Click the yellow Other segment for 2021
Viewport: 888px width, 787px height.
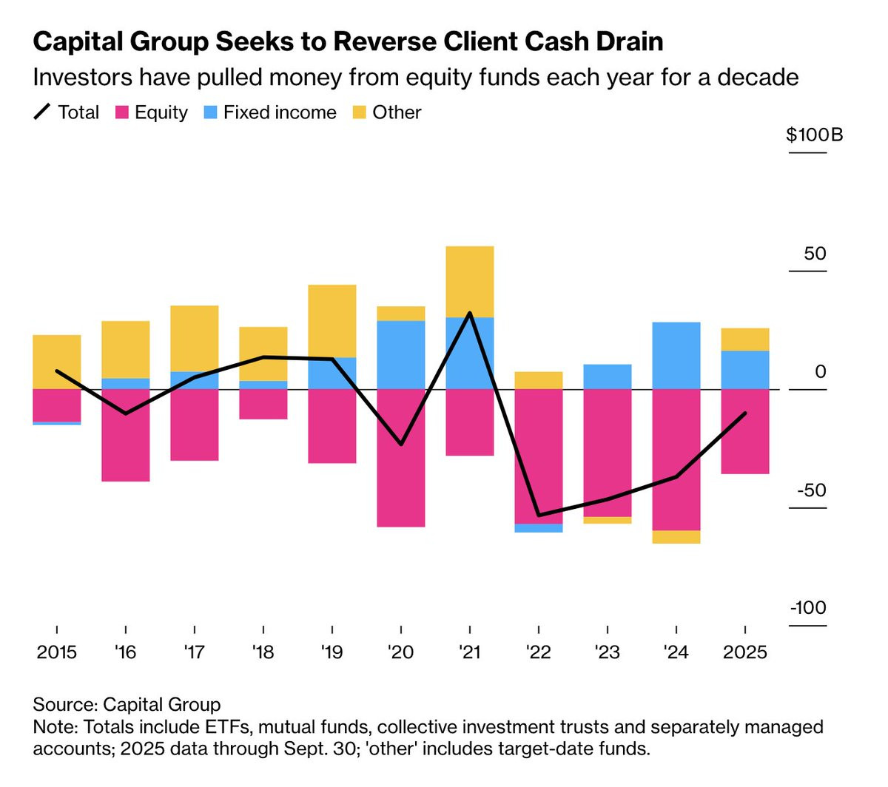coord(470,282)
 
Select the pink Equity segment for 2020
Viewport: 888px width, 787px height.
coord(401,458)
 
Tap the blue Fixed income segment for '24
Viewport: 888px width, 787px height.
coord(676,356)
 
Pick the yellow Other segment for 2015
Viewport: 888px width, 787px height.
coord(57,362)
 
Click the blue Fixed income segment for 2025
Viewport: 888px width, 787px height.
coord(745,370)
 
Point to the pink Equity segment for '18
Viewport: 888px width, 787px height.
coord(263,404)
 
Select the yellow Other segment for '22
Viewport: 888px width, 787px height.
coord(539,380)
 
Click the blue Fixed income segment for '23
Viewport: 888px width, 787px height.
coord(608,376)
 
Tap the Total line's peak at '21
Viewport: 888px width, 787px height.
coord(470,313)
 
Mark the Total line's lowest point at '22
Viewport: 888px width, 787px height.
coord(539,515)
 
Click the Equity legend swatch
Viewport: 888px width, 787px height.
coord(123,112)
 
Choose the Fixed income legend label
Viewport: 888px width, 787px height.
coord(280,112)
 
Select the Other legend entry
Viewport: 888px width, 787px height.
coord(397,112)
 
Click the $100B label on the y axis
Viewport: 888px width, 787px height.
coord(814,135)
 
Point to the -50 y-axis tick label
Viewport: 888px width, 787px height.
coord(810,490)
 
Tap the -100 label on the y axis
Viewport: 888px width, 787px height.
coord(808,608)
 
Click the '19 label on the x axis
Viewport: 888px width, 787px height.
coord(332,652)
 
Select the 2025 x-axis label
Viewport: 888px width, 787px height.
coord(745,652)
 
